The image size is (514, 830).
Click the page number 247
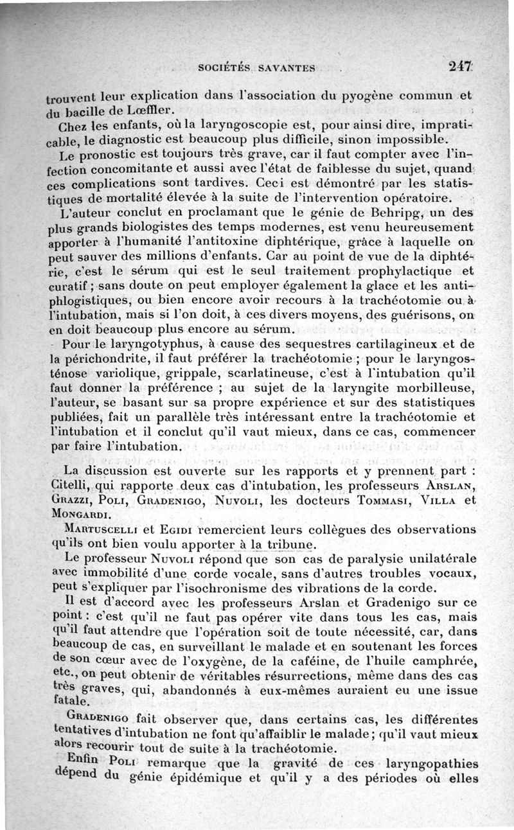461,66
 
